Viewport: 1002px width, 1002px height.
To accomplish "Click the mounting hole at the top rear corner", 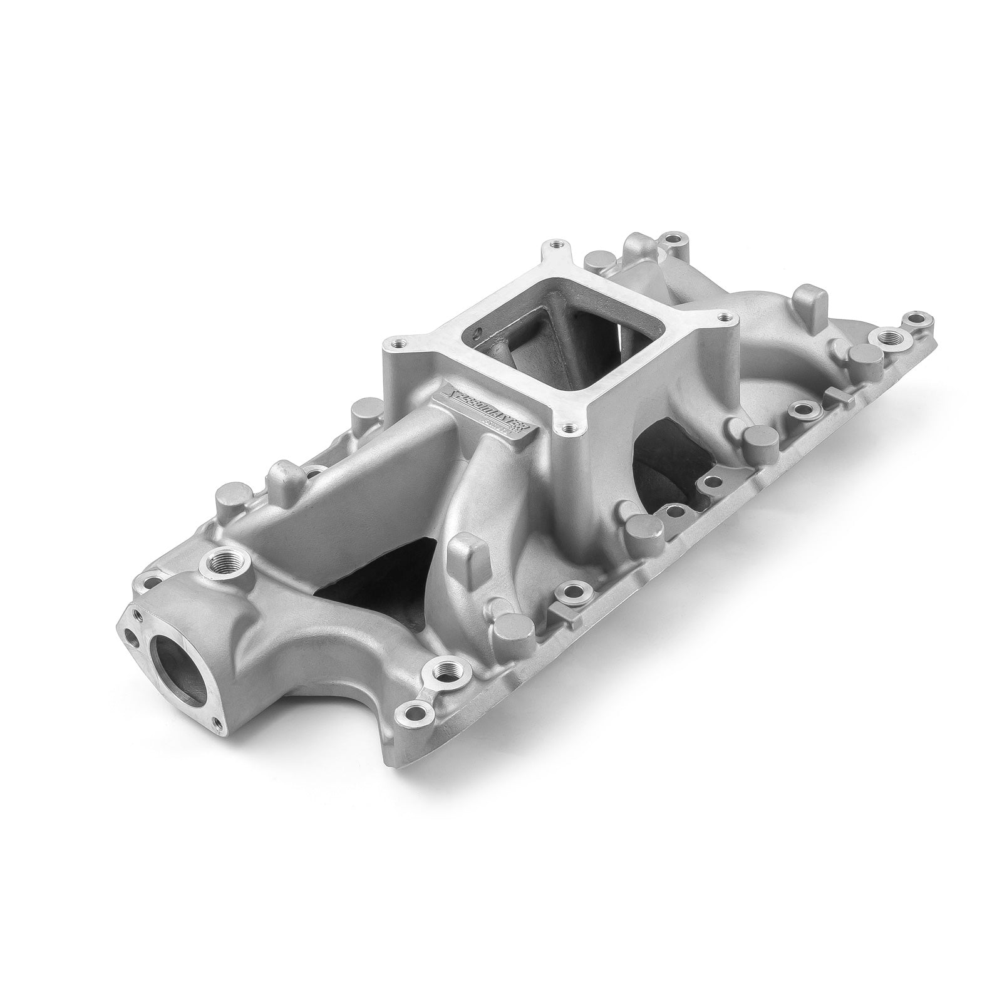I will coord(672,238).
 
